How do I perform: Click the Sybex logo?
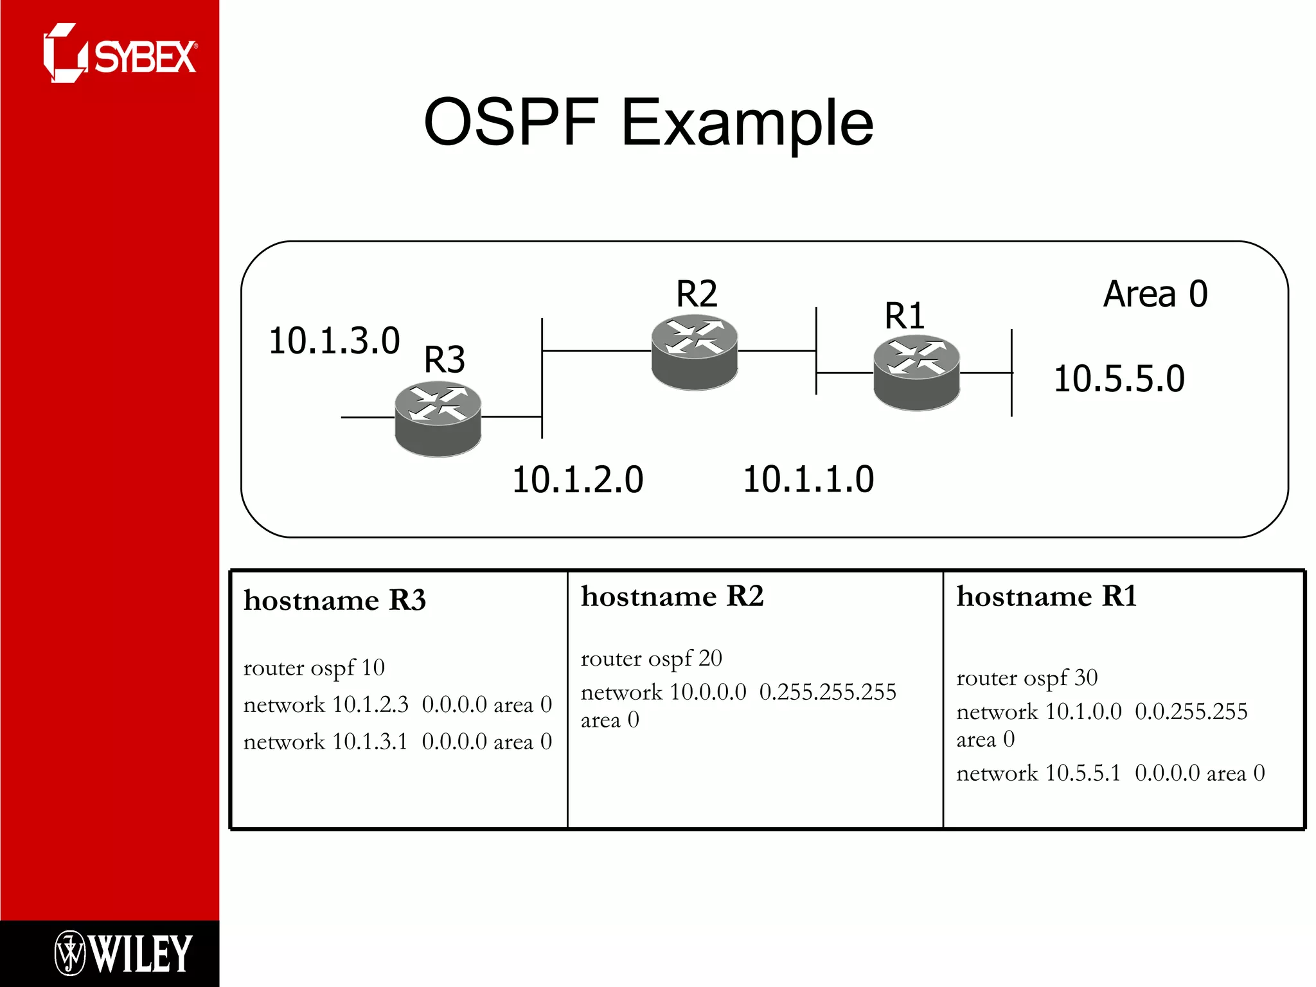[120, 54]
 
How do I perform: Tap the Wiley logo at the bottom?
[123, 953]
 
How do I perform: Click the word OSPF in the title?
[511, 122]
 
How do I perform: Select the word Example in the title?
[747, 123]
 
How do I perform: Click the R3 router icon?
[438, 418]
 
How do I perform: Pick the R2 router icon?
[694, 351]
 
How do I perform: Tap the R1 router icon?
[916, 373]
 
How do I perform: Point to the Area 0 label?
[1155, 294]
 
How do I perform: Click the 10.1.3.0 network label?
[334, 341]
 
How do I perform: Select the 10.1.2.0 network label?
[577, 479]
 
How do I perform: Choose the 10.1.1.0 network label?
[808, 479]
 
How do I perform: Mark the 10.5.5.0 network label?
[1119, 378]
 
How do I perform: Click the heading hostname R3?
[335, 600]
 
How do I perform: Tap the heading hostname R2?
[672, 596]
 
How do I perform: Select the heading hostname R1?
[1047, 596]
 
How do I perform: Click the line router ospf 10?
[314, 668]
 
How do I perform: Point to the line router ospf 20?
[651, 659]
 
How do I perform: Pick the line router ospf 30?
[1027, 678]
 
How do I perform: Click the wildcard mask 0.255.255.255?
[827, 692]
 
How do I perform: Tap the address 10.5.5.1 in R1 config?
[1083, 773]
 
